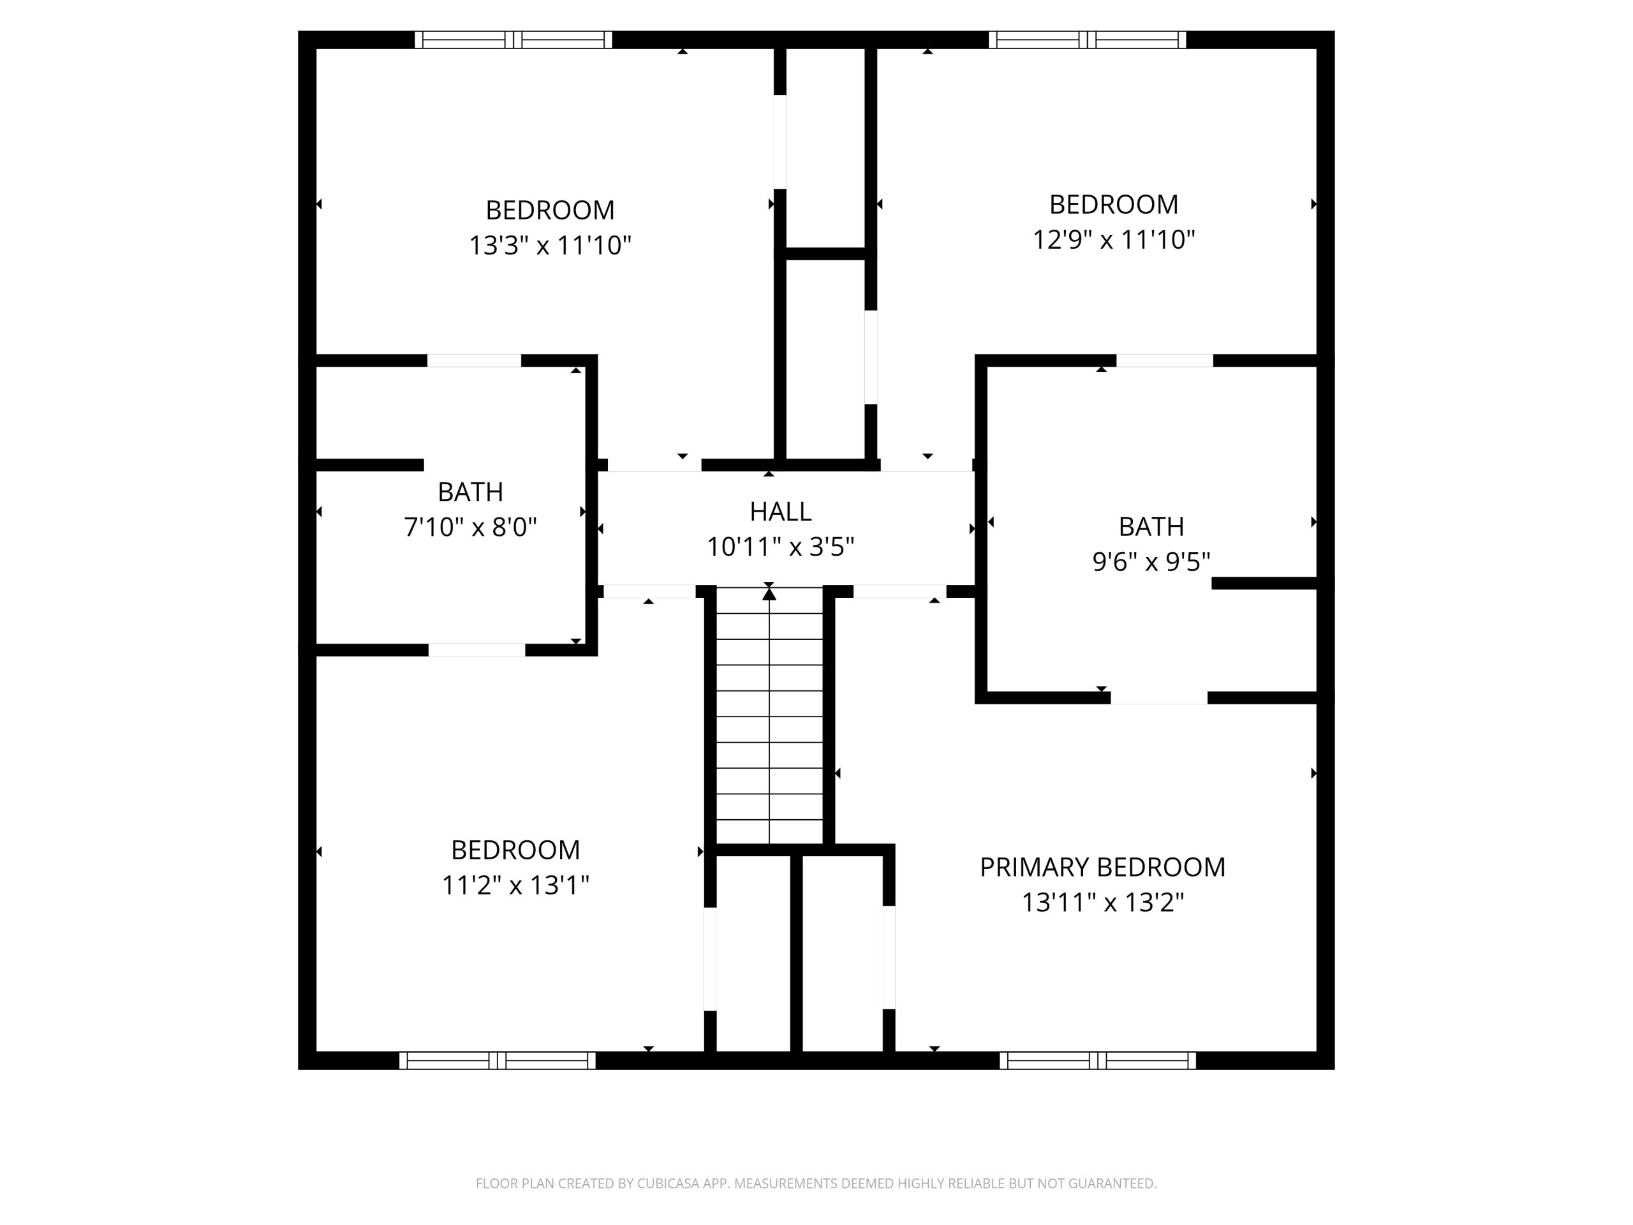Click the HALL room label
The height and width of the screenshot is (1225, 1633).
[780, 511]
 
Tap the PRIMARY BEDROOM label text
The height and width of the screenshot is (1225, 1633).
[1102, 867]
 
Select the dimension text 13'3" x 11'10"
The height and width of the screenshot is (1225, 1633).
[550, 244]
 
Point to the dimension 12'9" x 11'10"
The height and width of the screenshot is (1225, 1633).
[1113, 239]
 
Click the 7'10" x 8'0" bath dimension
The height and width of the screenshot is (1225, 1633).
[470, 527]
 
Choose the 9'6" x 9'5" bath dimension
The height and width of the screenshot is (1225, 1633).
[1151, 562]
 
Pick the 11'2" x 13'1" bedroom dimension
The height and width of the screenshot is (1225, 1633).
[515, 884]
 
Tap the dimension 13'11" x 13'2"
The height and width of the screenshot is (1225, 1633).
[1102, 902]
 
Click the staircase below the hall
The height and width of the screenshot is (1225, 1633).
[769, 715]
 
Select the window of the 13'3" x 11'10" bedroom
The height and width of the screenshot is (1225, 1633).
[513, 40]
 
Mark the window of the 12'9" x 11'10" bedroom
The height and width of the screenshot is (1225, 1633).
[1087, 40]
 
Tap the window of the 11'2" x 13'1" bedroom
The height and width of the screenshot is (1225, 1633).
[498, 1060]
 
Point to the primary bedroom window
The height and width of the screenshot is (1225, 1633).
[1098, 1060]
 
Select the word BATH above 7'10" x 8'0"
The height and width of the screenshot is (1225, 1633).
[470, 492]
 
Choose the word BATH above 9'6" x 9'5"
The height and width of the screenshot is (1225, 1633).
[1151, 526]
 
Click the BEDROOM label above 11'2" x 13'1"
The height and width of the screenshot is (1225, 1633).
[515, 850]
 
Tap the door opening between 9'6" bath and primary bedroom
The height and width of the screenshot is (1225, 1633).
[1158, 698]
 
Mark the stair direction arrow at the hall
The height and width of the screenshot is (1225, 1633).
[769, 593]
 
